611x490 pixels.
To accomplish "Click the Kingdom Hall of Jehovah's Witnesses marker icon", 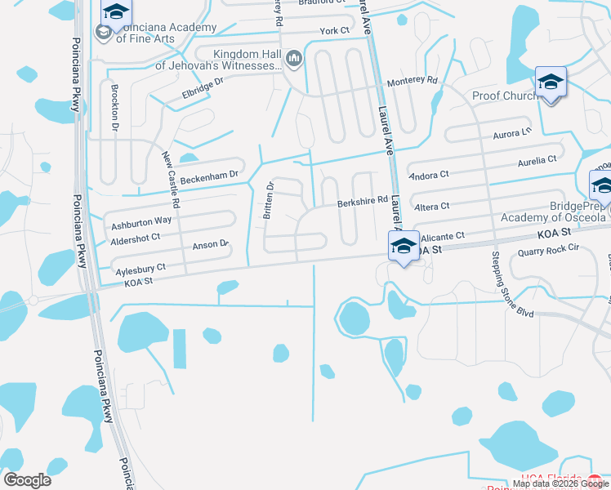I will point(294,57).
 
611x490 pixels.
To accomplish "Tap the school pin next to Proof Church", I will point(551,82).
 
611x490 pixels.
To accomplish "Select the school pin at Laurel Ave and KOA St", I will point(404,246).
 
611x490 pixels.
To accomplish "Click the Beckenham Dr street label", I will point(209,175).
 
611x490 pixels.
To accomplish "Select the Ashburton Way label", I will point(142,220).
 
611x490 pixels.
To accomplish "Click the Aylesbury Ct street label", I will point(140,267).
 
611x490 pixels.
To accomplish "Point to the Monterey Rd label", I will point(413,81).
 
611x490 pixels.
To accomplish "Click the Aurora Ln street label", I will point(512,131).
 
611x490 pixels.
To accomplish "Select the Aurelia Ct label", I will point(537,161).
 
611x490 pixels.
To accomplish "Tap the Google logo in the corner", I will point(27,479).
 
